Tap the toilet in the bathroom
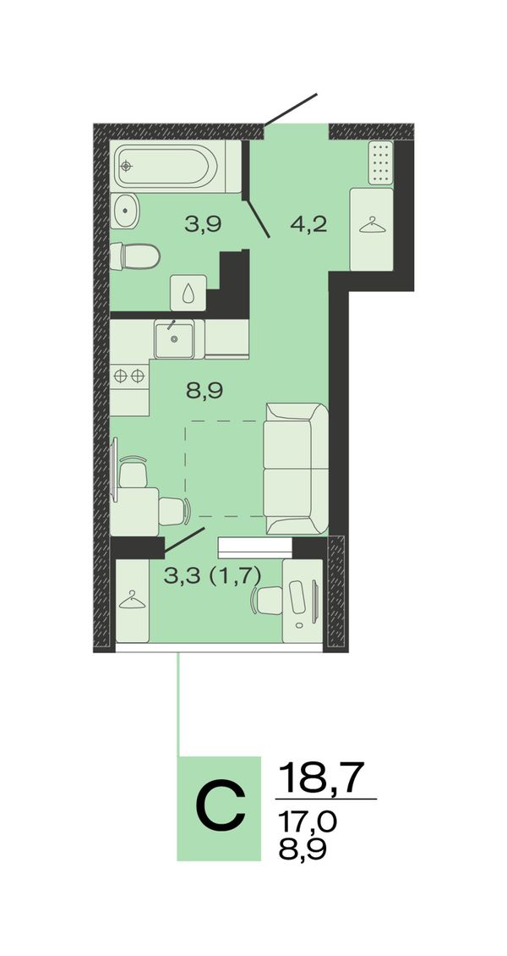[x=134, y=256]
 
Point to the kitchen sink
[x=174, y=339]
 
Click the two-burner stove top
[x=129, y=376]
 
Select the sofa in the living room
[x=296, y=469]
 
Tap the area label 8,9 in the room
[x=204, y=391]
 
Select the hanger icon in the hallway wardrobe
[x=373, y=226]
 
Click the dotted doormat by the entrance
[x=381, y=162]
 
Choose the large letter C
[x=221, y=809]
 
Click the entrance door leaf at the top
[x=291, y=109]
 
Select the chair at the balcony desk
[x=266, y=601]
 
